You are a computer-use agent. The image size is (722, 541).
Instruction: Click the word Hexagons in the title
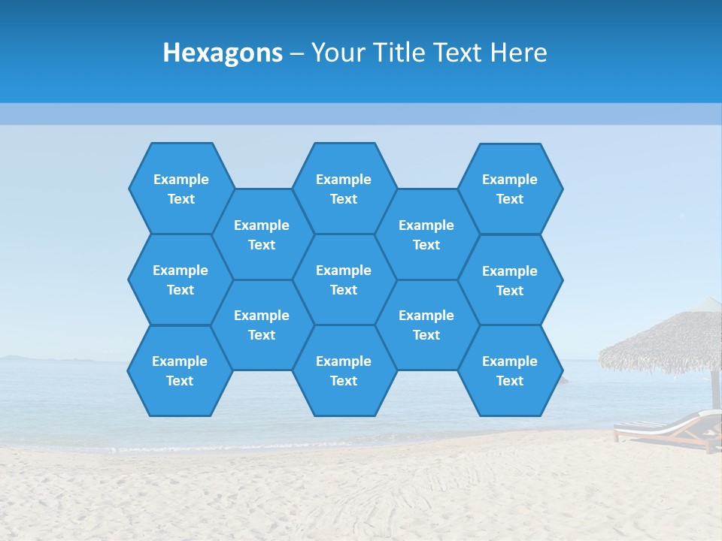[223, 53]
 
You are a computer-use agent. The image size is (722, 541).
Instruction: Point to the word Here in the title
[519, 53]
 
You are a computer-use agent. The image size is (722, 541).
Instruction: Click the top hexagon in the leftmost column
[180, 189]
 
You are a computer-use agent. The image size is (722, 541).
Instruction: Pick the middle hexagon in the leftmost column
[180, 280]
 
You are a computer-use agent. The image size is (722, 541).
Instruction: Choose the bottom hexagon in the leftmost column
[180, 370]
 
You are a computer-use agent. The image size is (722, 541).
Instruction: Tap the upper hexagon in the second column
[262, 234]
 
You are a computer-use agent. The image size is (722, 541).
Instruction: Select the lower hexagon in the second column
[262, 325]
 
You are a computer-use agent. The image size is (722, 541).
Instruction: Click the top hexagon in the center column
[344, 189]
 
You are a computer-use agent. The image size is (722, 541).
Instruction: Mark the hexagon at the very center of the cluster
[344, 280]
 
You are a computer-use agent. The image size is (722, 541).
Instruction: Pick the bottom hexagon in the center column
[344, 370]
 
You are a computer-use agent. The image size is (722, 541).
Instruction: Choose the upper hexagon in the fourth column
[426, 234]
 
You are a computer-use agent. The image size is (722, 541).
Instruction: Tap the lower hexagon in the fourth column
[426, 325]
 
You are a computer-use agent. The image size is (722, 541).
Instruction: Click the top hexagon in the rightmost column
[510, 189]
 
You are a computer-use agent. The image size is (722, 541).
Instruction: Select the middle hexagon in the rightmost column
[510, 280]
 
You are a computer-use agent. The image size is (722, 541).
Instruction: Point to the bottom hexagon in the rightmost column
[510, 370]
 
